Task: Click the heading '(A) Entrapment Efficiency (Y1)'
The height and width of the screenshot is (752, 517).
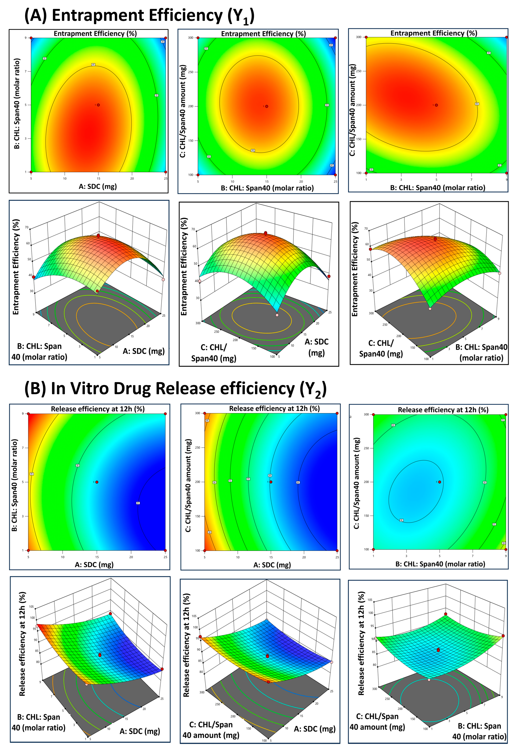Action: pyautogui.click(x=139, y=16)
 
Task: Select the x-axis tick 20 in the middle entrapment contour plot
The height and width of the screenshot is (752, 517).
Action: pyautogui.click(x=301, y=182)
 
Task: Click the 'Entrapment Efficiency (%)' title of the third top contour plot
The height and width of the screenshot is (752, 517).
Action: pyautogui.click(x=433, y=33)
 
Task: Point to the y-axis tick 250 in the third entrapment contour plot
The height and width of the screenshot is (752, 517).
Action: pyautogui.click(x=359, y=71)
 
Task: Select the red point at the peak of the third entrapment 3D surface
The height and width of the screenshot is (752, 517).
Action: pyautogui.click(x=435, y=239)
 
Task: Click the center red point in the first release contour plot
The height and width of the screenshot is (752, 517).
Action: pyautogui.click(x=97, y=482)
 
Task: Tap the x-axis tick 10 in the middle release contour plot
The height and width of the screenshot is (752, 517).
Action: pyautogui.click(x=238, y=557)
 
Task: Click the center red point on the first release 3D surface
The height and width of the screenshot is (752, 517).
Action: pyautogui.click(x=100, y=655)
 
